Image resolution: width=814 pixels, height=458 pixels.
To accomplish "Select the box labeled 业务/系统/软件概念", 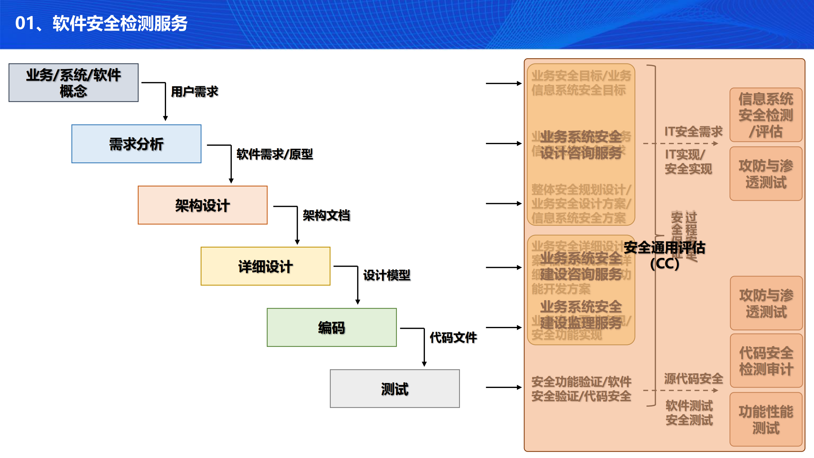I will pos(73,83).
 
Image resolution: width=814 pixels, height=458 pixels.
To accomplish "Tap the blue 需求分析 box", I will pos(136,144).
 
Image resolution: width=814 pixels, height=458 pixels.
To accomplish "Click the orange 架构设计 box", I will pos(202,205).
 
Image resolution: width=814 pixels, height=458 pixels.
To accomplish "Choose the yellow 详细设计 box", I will pos(265,266).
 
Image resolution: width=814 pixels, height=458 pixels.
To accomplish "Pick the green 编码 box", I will pos(331,328).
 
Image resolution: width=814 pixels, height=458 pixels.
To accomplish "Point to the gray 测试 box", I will pos(394,389).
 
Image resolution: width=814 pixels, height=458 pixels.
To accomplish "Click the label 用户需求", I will pos(194,92).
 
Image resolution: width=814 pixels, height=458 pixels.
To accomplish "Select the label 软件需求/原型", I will pos(275,154).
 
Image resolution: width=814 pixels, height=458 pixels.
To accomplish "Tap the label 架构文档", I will pos(326,215).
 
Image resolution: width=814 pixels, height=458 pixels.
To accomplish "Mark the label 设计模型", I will pos(386,275).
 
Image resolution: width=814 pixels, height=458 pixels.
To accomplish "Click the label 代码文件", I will pos(453,338).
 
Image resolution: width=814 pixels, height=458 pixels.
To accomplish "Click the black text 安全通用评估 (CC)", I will pos(664,255).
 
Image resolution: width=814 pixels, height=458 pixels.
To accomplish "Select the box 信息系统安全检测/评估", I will pos(766,115).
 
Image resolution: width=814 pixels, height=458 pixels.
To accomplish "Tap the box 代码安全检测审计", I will pos(766,361).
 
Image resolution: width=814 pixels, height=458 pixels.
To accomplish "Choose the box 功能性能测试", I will pos(766,419).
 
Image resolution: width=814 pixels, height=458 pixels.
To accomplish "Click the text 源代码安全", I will pos(693,378).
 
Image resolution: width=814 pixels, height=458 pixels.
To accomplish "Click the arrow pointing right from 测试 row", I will pos(504,387).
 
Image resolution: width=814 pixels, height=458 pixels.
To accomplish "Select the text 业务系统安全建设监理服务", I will pos(581,314).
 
